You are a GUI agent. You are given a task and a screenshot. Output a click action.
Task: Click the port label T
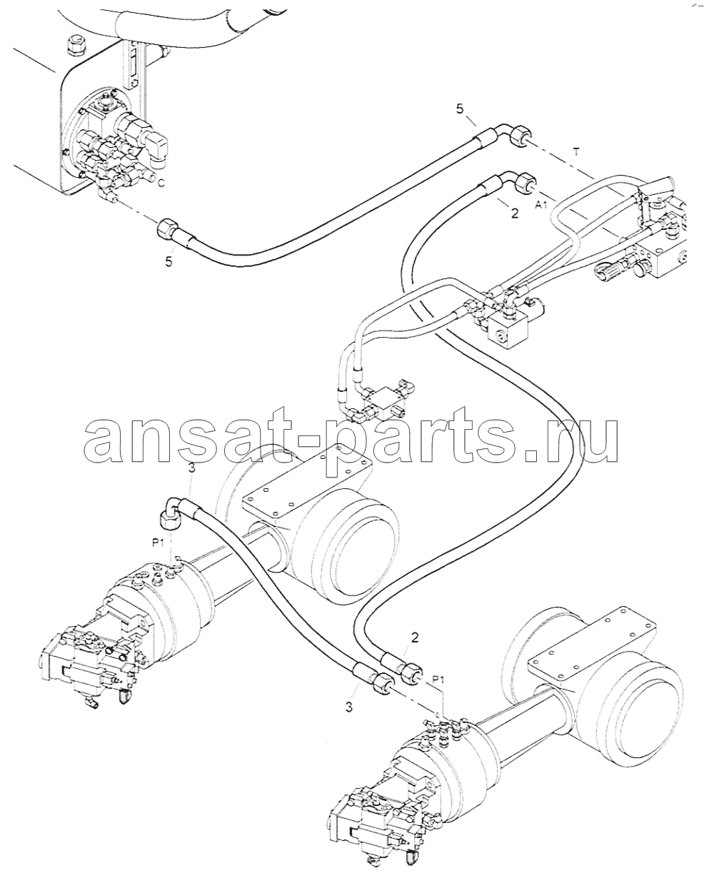pyautogui.click(x=576, y=152)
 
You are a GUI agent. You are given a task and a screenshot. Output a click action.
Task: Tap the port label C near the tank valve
pyautogui.click(x=161, y=183)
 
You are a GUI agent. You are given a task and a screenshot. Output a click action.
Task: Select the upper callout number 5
pyautogui.click(x=460, y=110)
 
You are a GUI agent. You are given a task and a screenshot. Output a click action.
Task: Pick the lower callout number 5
pyautogui.click(x=169, y=261)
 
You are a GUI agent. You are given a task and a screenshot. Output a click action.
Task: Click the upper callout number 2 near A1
pyautogui.click(x=515, y=213)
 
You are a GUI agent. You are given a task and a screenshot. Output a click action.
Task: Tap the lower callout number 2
pyautogui.click(x=415, y=649)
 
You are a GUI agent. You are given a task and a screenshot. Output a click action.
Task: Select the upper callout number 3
pyautogui.click(x=192, y=468)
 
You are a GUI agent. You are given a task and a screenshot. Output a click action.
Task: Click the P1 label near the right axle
pyautogui.click(x=438, y=680)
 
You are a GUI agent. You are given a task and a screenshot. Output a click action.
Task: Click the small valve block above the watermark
pyautogui.click(x=383, y=403)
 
